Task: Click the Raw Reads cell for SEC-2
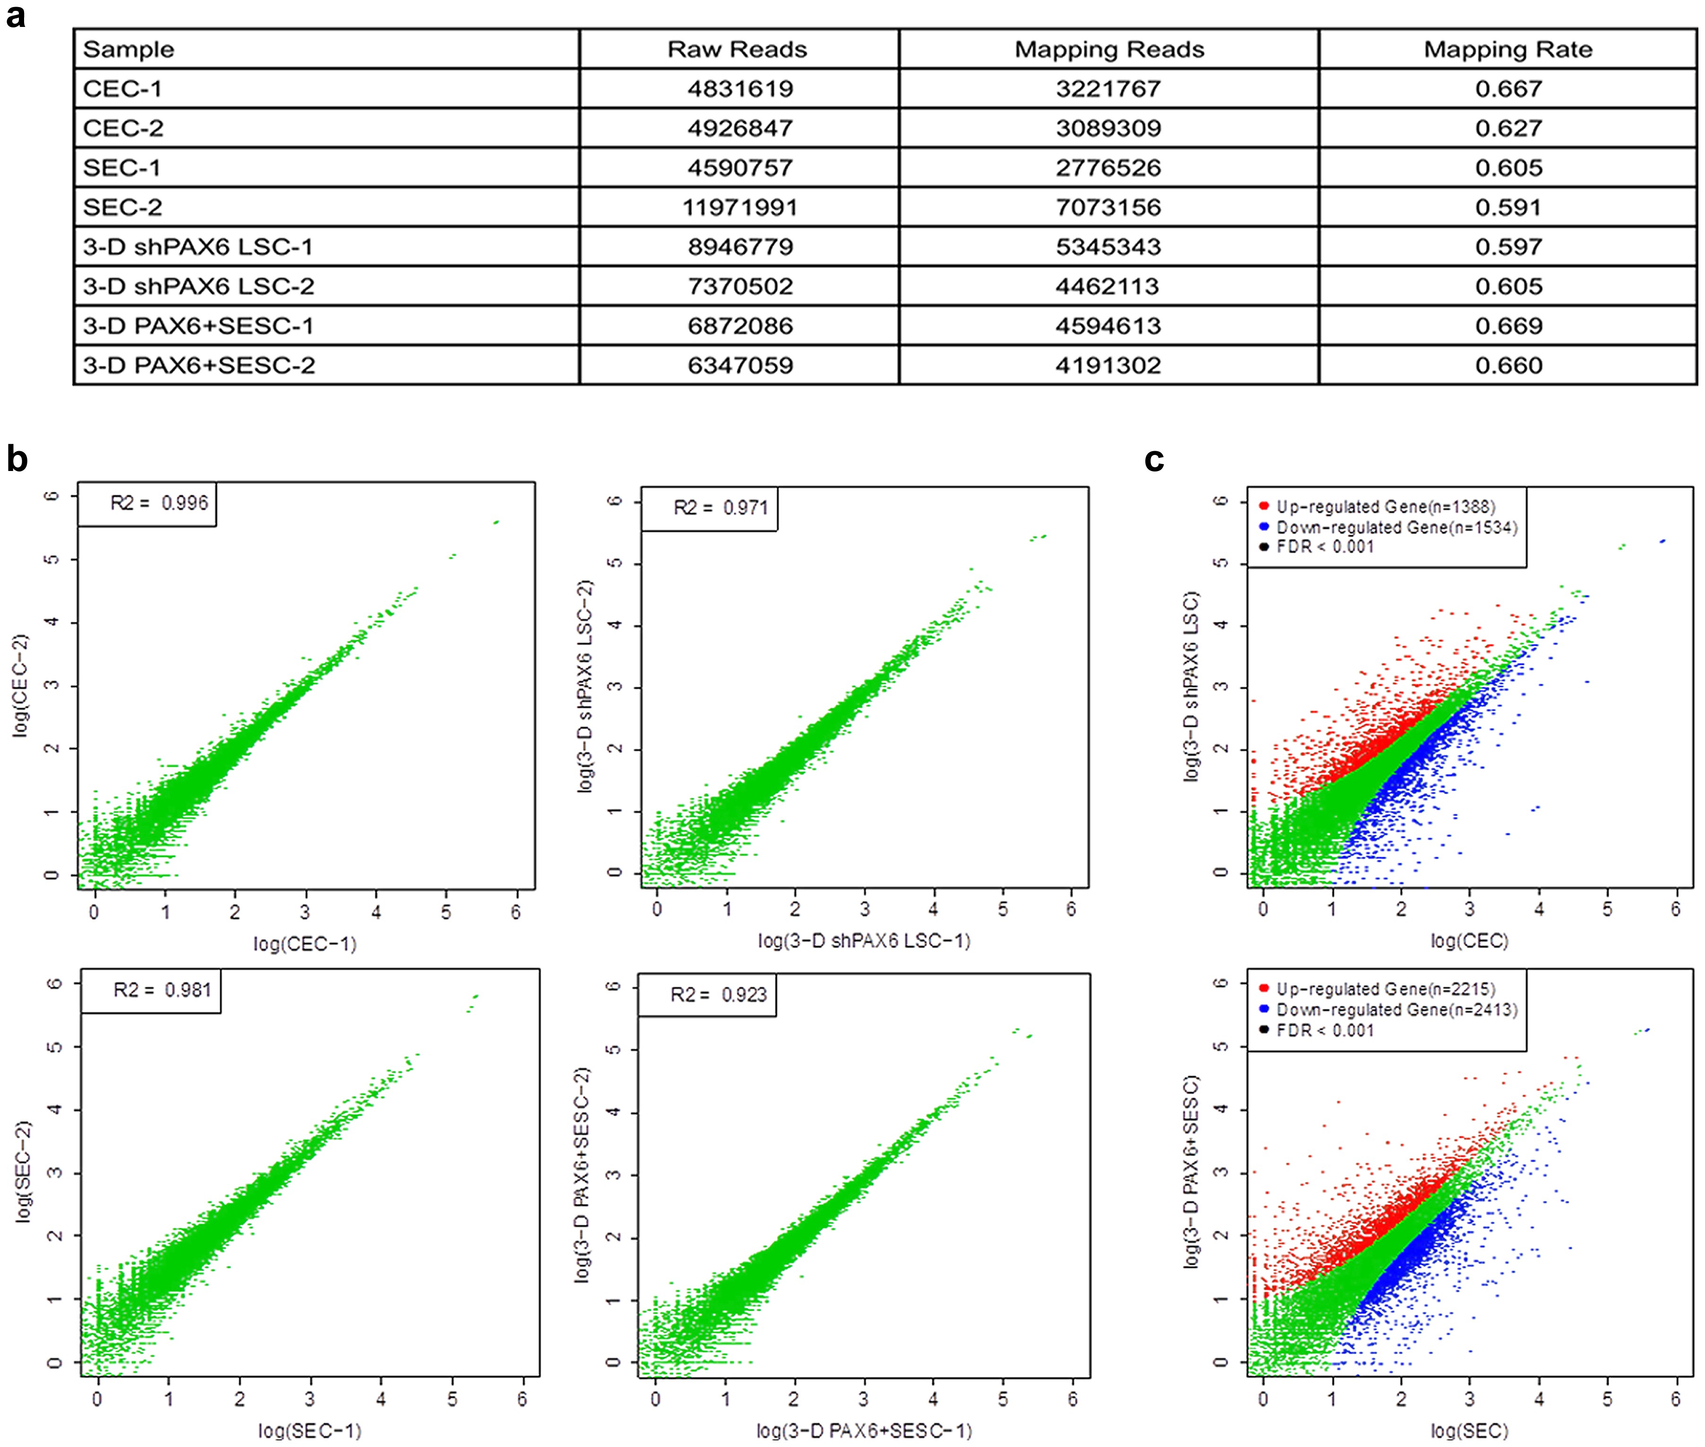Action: tap(740, 207)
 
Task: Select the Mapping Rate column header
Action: tap(1508, 49)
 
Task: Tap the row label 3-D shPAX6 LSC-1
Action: tap(197, 246)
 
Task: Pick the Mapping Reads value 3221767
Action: tap(1108, 89)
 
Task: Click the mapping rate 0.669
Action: tap(1508, 325)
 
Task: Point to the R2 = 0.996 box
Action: tap(148, 503)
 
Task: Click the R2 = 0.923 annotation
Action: tap(707, 995)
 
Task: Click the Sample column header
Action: tap(129, 49)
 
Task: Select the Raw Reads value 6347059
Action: tap(740, 365)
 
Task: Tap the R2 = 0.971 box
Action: tap(709, 508)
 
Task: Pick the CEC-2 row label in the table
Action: tap(123, 128)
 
